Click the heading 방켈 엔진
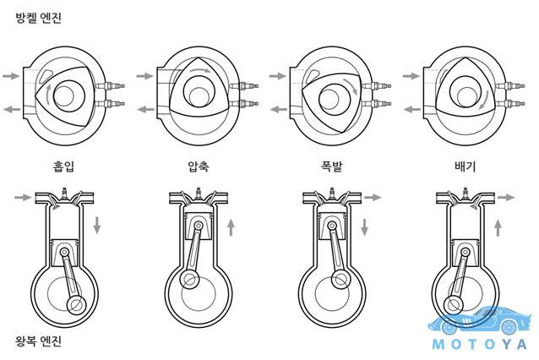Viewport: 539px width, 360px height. (x=39, y=18)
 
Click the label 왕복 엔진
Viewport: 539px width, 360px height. (x=39, y=341)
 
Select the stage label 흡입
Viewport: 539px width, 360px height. (x=63, y=166)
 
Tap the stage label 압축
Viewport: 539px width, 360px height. (x=199, y=166)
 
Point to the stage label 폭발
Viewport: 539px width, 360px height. (x=332, y=166)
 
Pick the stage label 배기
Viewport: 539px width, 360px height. (x=465, y=166)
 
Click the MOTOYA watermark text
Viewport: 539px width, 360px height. (x=479, y=344)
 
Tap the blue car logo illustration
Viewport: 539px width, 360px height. (x=480, y=319)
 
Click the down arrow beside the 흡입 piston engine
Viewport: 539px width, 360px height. (x=97, y=226)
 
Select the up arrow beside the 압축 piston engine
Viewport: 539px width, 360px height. (x=231, y=227)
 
